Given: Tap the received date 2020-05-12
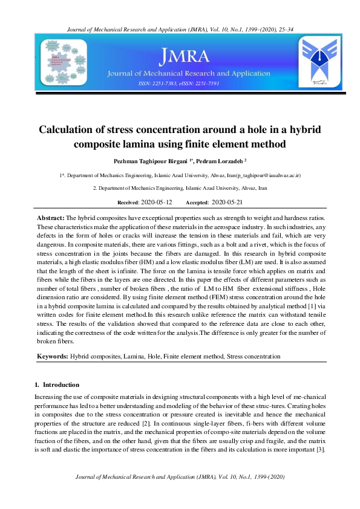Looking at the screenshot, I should point(156,202).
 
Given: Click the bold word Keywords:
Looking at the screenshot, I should point(53,357).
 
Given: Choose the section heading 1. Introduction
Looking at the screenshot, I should point(57,384).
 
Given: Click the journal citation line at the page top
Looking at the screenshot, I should point(180,29).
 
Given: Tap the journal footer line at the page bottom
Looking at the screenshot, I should point(180,478).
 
